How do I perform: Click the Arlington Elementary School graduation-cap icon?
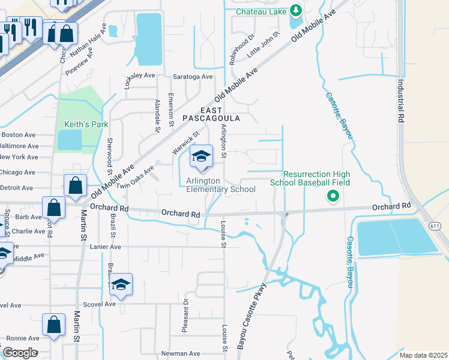click(x=202, y=157)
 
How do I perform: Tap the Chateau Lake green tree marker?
click(x=295, y=10)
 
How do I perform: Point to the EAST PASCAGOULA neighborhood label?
click(x=211, y=115)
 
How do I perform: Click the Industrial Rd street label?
click(x=400, y=99)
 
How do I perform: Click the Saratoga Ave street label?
click(x=193, y=77)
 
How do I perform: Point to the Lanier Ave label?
click(x=106, y=247)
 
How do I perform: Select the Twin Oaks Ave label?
click(x=136, y=178)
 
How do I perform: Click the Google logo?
click(x=20, y=352)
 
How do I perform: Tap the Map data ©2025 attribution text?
click(x=423, y=355)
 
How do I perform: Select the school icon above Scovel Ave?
click(x=121, y=284)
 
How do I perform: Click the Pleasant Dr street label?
click(x=185, y=316)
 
